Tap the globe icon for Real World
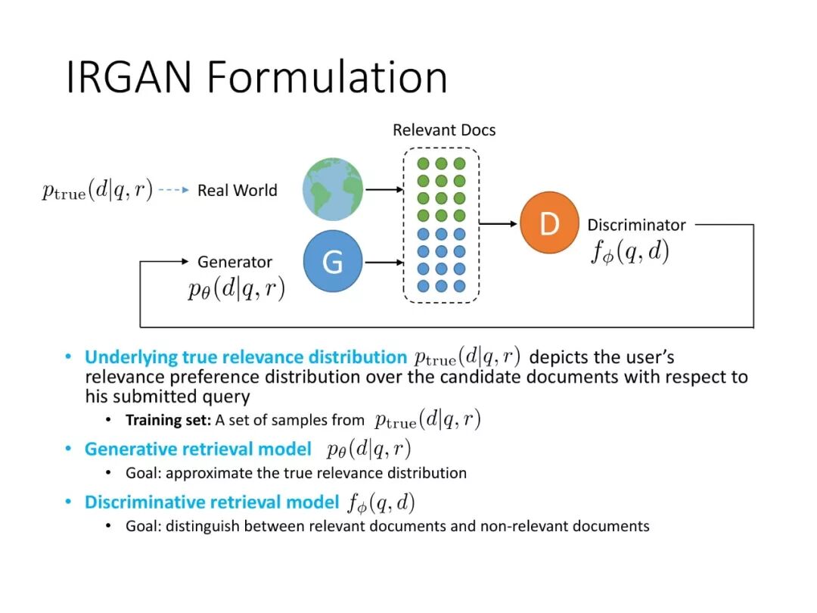(x=333, y=189)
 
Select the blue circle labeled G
(x=333, y=261)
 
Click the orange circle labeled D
(x=549, y=223)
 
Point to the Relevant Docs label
(x=444, y=130)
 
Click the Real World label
(x=237, y=191)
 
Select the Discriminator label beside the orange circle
(x=636, y=225)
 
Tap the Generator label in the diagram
(x=235, y=262)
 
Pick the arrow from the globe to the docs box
(x=383, y=189)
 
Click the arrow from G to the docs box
(x=383, y=262)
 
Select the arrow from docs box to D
(x=499, y=223)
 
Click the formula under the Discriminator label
(x=630, y=251)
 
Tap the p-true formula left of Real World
(x=97, y=191)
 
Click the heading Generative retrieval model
(x=197, y=450)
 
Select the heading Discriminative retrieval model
(x=211, y=502)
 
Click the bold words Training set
(x=168, y=420)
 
